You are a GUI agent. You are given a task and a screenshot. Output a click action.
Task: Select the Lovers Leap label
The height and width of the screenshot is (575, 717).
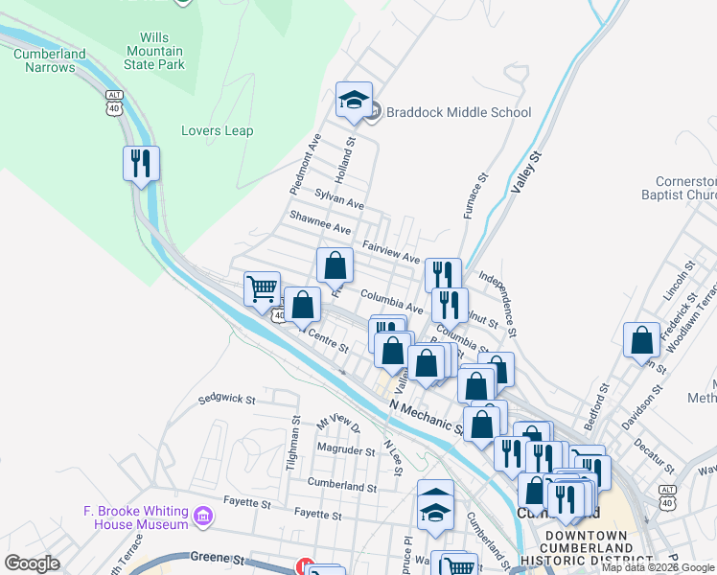coord(218,131)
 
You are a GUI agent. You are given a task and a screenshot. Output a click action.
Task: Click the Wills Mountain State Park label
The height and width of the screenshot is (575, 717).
coord(154,50)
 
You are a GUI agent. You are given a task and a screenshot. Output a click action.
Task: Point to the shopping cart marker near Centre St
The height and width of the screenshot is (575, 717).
coord(262,287)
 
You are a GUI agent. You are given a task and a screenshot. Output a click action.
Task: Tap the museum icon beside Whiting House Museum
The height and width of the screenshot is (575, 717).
coord(202,517)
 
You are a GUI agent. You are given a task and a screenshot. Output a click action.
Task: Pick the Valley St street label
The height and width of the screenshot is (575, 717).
coord(526,172)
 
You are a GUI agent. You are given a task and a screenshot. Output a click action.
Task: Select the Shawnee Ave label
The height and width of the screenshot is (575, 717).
coord(320,229)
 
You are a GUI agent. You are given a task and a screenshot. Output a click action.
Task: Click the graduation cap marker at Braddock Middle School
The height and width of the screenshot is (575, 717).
coord(353,99)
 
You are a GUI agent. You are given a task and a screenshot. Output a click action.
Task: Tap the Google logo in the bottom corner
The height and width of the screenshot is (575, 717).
coord(33,563)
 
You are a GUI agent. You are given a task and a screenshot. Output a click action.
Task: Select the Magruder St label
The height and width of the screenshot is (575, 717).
coord(345,449)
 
